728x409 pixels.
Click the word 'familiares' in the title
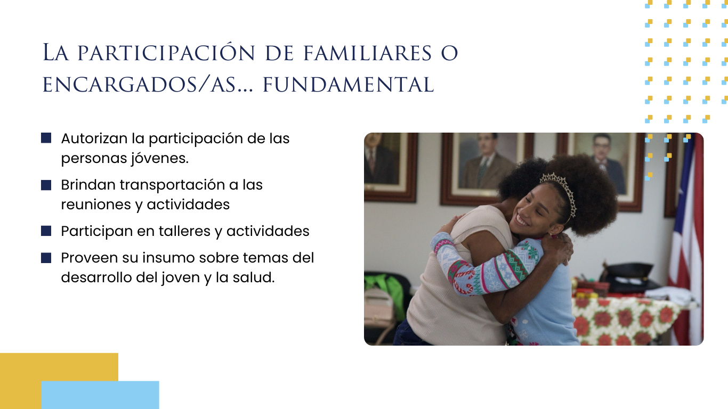point(368,53)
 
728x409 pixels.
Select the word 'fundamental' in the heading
point(348,85)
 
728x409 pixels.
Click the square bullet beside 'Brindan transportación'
point(46,185)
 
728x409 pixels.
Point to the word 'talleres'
point(184,231)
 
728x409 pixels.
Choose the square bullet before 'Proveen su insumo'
point(46,258)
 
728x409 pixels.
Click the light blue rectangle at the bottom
point(100,395)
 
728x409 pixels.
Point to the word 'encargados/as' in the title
point(139,85)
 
